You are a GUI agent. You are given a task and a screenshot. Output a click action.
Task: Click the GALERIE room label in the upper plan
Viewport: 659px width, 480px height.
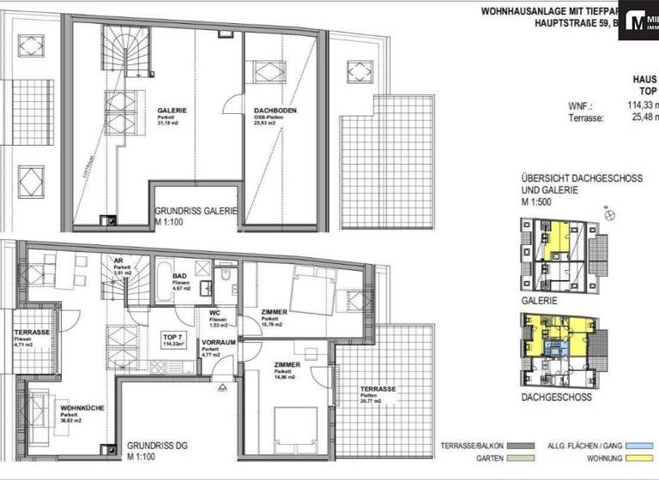[172, 111]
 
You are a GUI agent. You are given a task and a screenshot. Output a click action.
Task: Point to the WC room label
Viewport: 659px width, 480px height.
[215, 313]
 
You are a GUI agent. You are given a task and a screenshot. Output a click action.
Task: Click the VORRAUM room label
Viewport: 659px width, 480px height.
[218, 341]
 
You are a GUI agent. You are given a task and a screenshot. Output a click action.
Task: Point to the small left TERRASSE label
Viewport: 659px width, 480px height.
[32, 333]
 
